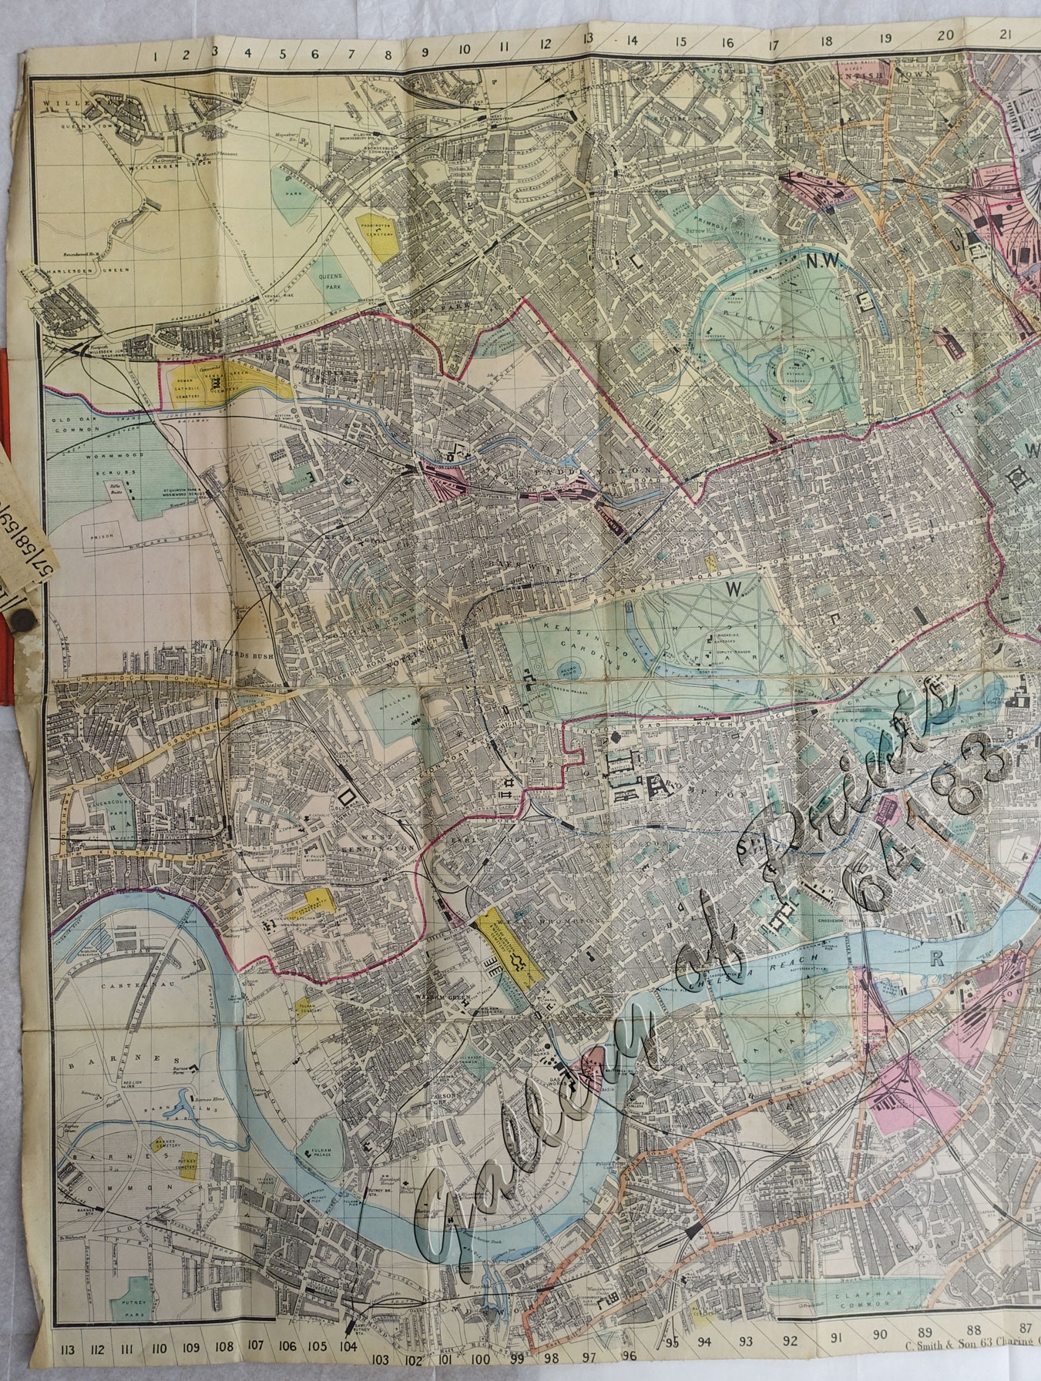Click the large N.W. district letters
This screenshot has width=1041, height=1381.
pyautogui.click(x=823, y=262)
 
